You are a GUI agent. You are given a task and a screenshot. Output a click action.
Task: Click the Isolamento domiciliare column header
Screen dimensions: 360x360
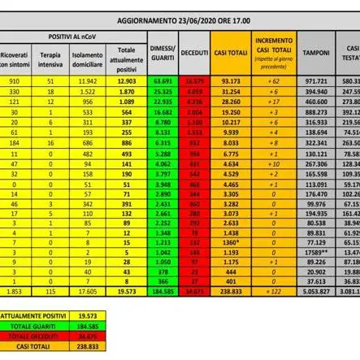tap(87, 59)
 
